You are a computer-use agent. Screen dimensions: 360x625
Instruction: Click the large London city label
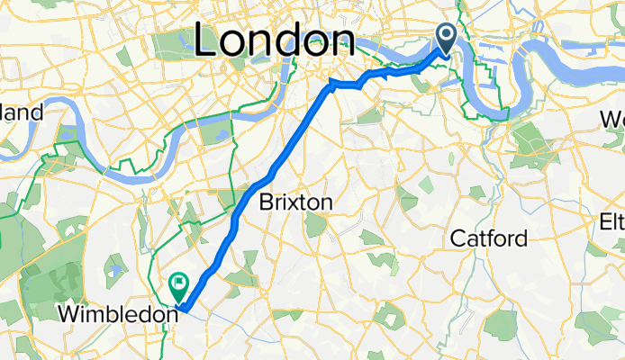pos(274,40)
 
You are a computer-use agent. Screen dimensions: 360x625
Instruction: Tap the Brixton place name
pos(294,202)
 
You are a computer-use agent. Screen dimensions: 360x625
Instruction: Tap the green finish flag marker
pos(177,287)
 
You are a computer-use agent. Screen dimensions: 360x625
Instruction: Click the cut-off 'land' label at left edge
pos(22,112)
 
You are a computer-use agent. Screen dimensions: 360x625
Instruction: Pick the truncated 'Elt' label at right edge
pos(612,221)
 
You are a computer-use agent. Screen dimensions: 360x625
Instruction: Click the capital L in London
pos(207,40)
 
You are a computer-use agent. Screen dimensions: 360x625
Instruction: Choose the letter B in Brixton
pos(266,202)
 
